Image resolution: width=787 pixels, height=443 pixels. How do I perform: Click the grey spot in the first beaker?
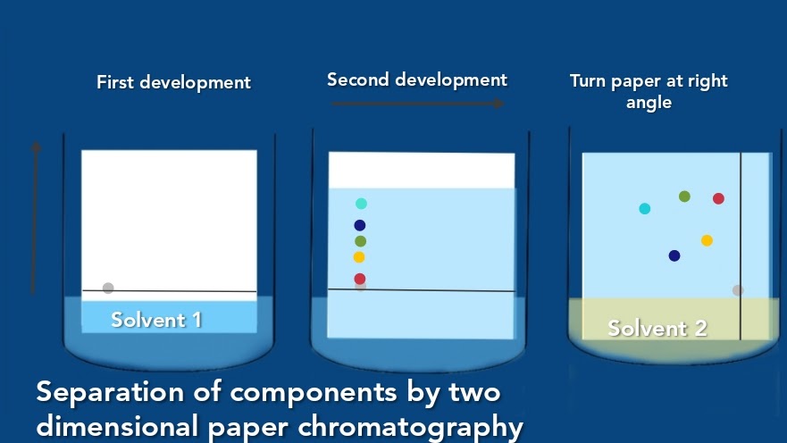pyautogui.click(x=108, y=288)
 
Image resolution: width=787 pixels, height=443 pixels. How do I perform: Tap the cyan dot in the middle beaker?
pyautogui.click(x=361, y=204)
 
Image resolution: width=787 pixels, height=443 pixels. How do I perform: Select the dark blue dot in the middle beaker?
pyautogui.click(x=360, y=225)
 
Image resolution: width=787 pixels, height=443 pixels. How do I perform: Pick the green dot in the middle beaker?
pyautogui.click(x=360, y=241)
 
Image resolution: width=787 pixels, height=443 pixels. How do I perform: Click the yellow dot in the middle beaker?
pyautogui.click(x=359, y=257)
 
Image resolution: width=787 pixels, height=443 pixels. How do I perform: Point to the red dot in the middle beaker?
pyautogui.click(x=360, y=279)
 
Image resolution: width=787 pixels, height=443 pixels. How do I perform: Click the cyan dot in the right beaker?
pyautogui.click(x=645, y=209)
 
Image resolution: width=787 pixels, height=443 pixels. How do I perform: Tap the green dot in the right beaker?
pyautogui.click(x=684, y=196)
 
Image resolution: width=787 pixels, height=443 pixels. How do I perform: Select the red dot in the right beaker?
pyautogui.click(x=718, y=198)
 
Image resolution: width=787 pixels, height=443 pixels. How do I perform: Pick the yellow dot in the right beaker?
pyautogui.click(x=707, y=240)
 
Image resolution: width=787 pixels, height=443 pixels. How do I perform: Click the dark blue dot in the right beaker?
pyautogui.click(x=674, y=255)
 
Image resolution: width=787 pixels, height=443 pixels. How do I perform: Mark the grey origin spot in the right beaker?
pyautogui.click(x=738, y=290)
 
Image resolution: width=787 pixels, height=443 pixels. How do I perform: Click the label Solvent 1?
pyautogui.click(x=156, y=320)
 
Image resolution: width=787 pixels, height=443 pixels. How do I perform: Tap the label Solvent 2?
pyautogui.click(x=657, y=328)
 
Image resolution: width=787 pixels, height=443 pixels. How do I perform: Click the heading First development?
pyautogui.click(x=173, y=83)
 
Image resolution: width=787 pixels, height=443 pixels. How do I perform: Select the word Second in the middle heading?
pyautogui.click(x=359, y=80)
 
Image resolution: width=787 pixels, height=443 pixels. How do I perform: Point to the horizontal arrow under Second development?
pyautogui.click(x=418, y=104)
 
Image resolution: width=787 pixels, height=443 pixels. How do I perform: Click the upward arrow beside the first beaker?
pyautogui.click(x=36, y=214)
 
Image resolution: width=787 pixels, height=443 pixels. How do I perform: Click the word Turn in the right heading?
pyautogui.click(x=589, y=81)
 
